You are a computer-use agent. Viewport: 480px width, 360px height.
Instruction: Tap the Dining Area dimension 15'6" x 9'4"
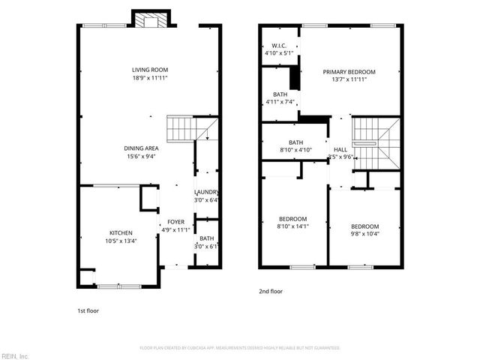pos(141,156)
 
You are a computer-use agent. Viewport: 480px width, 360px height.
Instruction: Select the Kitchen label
pos(121,233)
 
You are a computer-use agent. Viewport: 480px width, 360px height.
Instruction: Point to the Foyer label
pos(175,222)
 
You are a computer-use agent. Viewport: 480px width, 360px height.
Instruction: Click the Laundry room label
pos(206,192)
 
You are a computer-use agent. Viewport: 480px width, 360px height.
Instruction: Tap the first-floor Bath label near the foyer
pos(206,238)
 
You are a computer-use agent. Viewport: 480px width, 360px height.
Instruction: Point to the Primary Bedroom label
pos(349,72)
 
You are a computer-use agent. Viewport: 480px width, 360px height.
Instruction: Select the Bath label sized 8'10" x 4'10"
pos(295,142)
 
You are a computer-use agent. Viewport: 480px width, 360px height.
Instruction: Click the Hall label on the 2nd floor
pos(340,150)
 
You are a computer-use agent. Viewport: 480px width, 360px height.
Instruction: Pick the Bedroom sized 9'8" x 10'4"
pos(365,226)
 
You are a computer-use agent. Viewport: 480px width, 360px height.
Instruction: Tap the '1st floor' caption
pos(88,310)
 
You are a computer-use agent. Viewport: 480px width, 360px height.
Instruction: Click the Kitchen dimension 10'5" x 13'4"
pos(121,241)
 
